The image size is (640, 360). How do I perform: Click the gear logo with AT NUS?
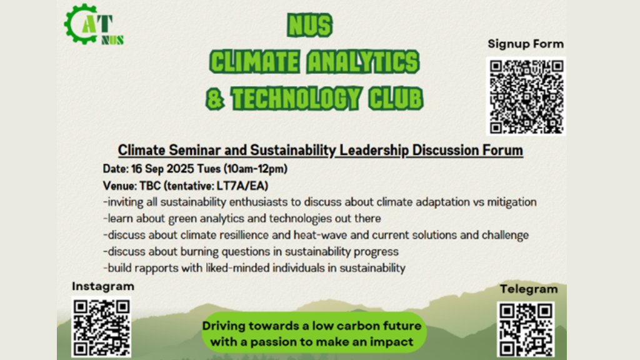tap(94, 24)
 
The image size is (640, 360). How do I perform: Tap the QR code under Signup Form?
tap(526, 96)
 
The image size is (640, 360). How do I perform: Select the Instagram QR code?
tap(101, 327)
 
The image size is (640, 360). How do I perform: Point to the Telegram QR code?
tap(526, 329)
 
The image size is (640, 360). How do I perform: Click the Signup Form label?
tap(526, 44)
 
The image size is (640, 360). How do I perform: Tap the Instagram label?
tap(103, 286)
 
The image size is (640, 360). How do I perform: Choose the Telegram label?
tap(529, 289)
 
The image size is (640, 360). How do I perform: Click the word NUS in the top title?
tap(310, 25)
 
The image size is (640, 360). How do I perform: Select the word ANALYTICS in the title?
tap(363, 62)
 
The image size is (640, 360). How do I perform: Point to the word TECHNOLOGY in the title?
tap(296, 99)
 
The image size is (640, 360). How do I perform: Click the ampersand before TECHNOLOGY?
tap(215, 99)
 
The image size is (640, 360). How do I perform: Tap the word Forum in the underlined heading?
tap(503, 150)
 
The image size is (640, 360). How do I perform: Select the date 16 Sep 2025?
tap(162, 169)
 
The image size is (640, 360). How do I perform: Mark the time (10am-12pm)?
tap(255, 169)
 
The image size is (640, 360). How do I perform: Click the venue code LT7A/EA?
tap(242, 186)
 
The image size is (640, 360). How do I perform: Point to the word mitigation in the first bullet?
tap(512, 202)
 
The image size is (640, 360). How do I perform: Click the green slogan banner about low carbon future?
tap(314, 333)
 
